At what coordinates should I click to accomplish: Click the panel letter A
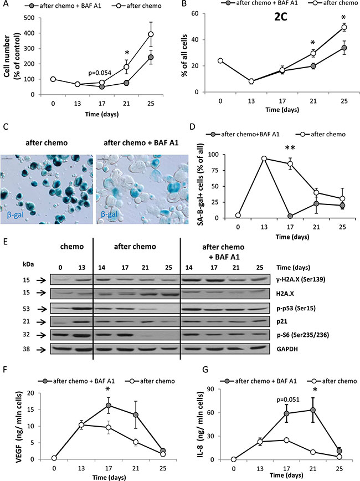(5, 5)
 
